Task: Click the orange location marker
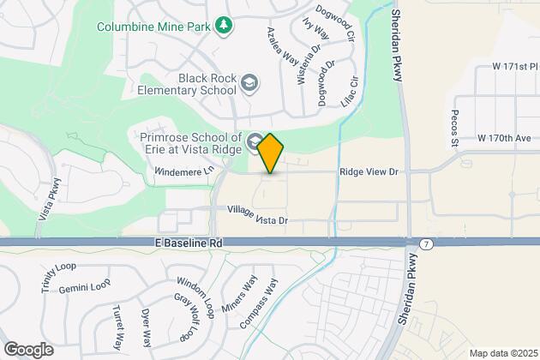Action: click(270, 153)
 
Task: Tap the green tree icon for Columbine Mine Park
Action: click(224, 25)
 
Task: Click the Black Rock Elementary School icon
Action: click(249, 83)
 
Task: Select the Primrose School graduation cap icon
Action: click(255, 140)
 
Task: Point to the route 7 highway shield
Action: click(426, 243)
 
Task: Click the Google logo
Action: click(28, 349)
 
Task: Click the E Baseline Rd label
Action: click(189, 243)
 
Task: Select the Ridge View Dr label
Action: click(369, 172)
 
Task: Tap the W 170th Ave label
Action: click(505, 137)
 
